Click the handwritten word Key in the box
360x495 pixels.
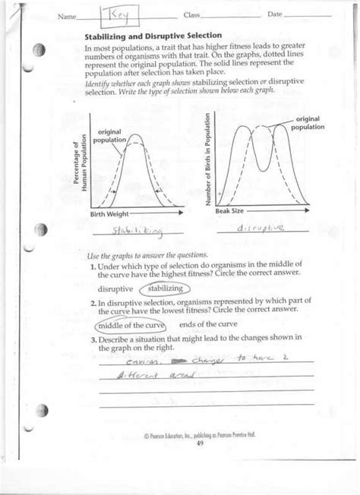[x=121, y=15]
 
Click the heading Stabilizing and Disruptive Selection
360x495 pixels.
[x=153, y=36]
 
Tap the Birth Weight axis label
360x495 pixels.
[x=108, y=215]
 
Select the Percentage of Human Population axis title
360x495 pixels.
[x=80, y=166]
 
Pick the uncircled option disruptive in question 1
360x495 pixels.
[x=116, y=289]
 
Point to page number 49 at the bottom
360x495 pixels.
[x=200, y=443]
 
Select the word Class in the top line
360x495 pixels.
[x=191, y=15]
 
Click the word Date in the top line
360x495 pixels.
[x=274, y=15]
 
